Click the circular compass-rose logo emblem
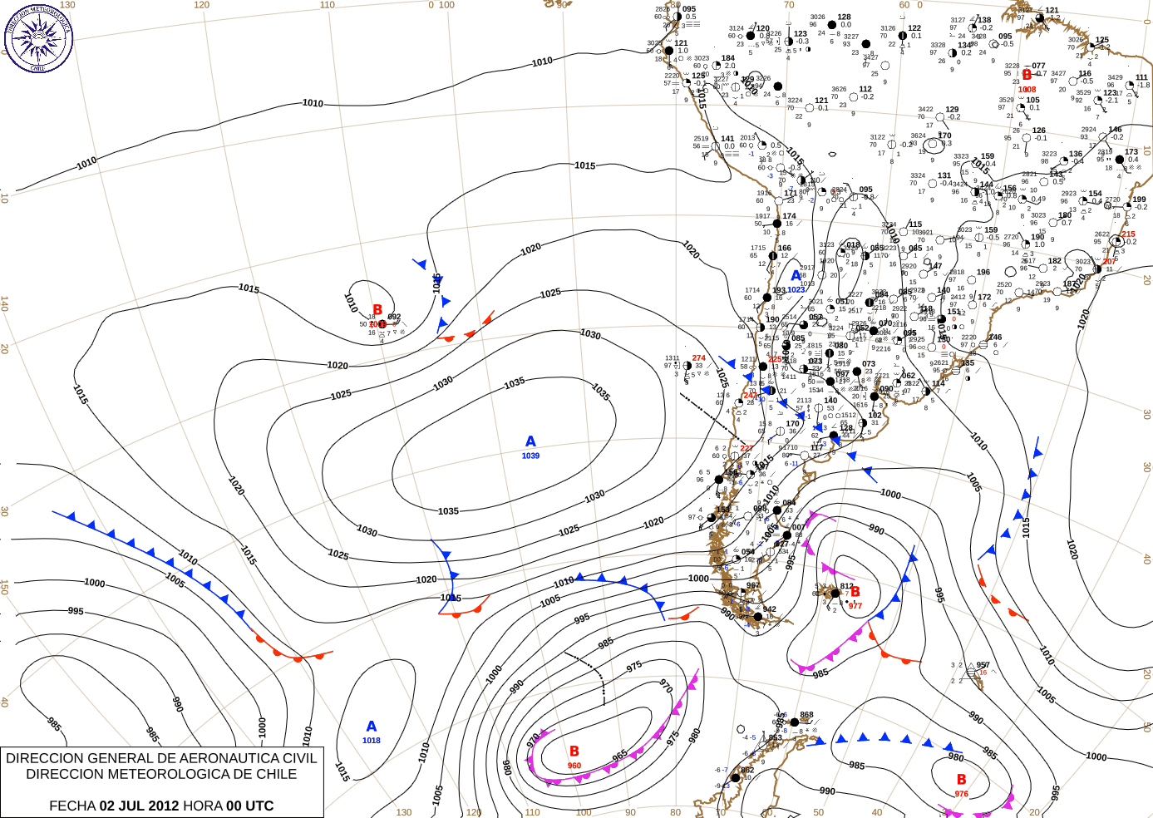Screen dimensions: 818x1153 coord(38,37)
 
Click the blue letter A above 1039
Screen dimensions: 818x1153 coord(530,441)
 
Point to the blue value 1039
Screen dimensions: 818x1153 coord(530,456)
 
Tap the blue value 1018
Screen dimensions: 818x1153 coord(371,741)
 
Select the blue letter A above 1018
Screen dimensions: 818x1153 coord(372,727)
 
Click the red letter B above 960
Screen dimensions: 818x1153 coord(574,751)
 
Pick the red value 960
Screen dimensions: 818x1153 coord(574,766)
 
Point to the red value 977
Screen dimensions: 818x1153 coord(855,606)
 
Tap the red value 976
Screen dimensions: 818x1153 coord(961,794)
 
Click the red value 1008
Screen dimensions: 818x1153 coord(1027,90)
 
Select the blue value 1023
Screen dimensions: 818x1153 coord(796,289)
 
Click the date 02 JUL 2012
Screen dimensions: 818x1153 coord(139,806)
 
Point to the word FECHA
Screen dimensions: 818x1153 coord(72,806)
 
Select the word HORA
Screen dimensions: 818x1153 coord(203,806)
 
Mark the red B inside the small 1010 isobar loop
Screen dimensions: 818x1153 coord(377,310)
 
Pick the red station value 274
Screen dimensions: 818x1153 coord(698,358)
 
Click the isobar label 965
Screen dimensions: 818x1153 coord(620,756)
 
